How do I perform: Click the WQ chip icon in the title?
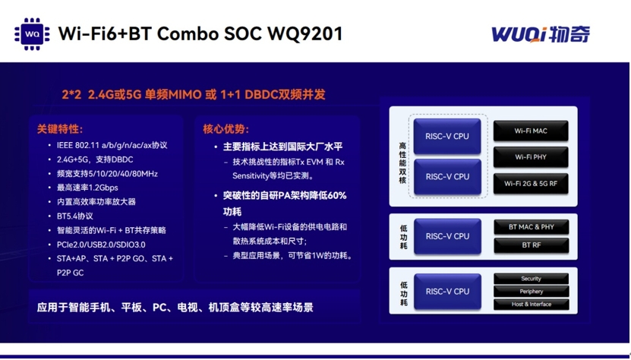32,34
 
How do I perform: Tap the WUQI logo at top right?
541,34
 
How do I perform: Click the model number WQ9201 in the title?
305,34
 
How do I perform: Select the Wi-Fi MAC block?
531,131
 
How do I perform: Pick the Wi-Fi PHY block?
531,157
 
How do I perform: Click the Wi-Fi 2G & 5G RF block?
531,184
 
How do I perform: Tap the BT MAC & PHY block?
532,227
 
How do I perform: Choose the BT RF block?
532,245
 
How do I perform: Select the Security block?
532,279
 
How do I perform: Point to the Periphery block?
532,292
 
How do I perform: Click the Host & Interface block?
532,305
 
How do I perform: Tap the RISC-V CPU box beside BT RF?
447,236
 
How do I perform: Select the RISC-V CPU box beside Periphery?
447,292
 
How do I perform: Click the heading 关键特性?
59,129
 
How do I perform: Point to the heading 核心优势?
226,129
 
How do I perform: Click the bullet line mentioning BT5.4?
75,216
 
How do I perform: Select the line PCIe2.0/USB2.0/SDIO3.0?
101,245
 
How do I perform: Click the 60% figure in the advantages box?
337,196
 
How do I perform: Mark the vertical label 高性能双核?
402,163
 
